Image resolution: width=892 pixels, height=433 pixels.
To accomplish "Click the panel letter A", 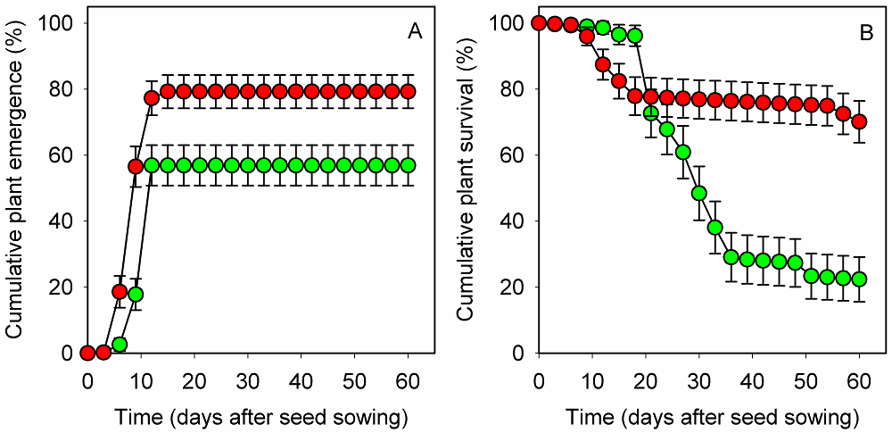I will tap(415, 33).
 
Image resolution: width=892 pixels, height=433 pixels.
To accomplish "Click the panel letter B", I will tap(865, 33).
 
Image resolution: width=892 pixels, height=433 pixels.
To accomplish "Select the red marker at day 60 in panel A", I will tap(408, 91).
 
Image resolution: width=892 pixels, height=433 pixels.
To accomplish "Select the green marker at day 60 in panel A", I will tap(408, 165).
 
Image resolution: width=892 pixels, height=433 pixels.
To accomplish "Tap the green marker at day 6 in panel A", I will tap(120, 344).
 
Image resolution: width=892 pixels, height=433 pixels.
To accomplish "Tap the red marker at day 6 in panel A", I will tap(120, 291).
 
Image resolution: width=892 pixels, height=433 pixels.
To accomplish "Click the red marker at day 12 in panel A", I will tap(152, 97).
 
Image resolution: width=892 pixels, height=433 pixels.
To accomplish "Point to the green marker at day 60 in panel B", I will tap(859, 279).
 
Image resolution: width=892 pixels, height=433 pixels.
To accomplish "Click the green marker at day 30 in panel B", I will tap(699, 193).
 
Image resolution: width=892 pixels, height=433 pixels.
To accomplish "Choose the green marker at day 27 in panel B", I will tap(683, 152).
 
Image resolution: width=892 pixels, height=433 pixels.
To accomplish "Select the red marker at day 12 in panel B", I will tap(603, 64).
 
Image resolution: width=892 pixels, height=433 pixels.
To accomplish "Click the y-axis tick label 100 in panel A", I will tap(59, 22).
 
